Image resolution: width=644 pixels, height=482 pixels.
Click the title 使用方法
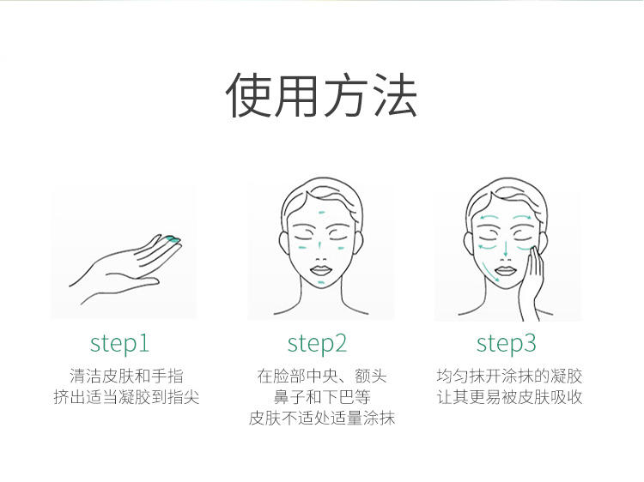coord(322,95)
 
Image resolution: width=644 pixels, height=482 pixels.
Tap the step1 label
coord(119,343)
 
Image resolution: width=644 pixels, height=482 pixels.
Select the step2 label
coord(317,343)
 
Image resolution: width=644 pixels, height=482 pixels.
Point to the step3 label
coord(506,343)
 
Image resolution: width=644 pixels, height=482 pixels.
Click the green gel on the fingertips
coord(173,238)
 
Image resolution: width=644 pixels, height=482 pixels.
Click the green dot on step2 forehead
coord(322,213)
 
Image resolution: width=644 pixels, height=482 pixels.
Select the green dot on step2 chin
coord(321,282)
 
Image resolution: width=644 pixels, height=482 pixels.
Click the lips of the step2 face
coord(320,271)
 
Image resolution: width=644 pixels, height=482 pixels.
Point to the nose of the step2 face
coord(321,256)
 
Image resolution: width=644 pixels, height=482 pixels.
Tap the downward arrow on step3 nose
coord(506,248)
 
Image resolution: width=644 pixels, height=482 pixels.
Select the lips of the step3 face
coord(506,271)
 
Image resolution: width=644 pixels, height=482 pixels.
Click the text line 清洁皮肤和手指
coord(126,376)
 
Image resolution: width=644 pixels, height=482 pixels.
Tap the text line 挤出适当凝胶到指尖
coord(126,397)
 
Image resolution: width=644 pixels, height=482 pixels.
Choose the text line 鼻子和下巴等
coord(322,397)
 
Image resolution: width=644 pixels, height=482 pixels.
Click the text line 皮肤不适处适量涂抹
coord(322,418)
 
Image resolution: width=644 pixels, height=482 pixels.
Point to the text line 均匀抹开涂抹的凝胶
coord(509,376)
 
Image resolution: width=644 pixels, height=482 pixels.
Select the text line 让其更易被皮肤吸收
coord(509,397)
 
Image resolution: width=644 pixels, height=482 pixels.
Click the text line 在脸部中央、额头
coord(322,376)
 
